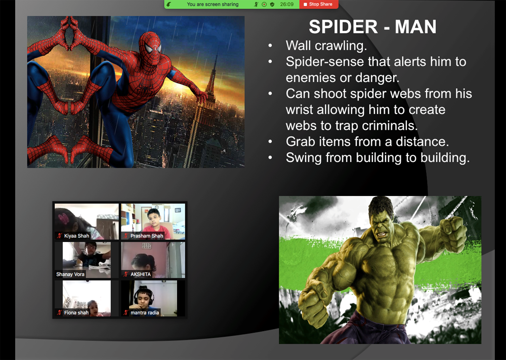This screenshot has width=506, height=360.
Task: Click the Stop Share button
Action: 318,4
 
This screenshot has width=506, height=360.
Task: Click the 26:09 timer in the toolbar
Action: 286,4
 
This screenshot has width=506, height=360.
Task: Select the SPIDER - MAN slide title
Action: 372,26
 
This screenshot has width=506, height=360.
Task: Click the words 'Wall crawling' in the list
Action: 326,46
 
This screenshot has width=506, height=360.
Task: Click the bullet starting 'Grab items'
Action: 367,141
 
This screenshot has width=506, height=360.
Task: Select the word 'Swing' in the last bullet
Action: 304,158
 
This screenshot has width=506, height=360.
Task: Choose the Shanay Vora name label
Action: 70,274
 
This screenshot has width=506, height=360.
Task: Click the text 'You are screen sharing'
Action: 213,4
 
